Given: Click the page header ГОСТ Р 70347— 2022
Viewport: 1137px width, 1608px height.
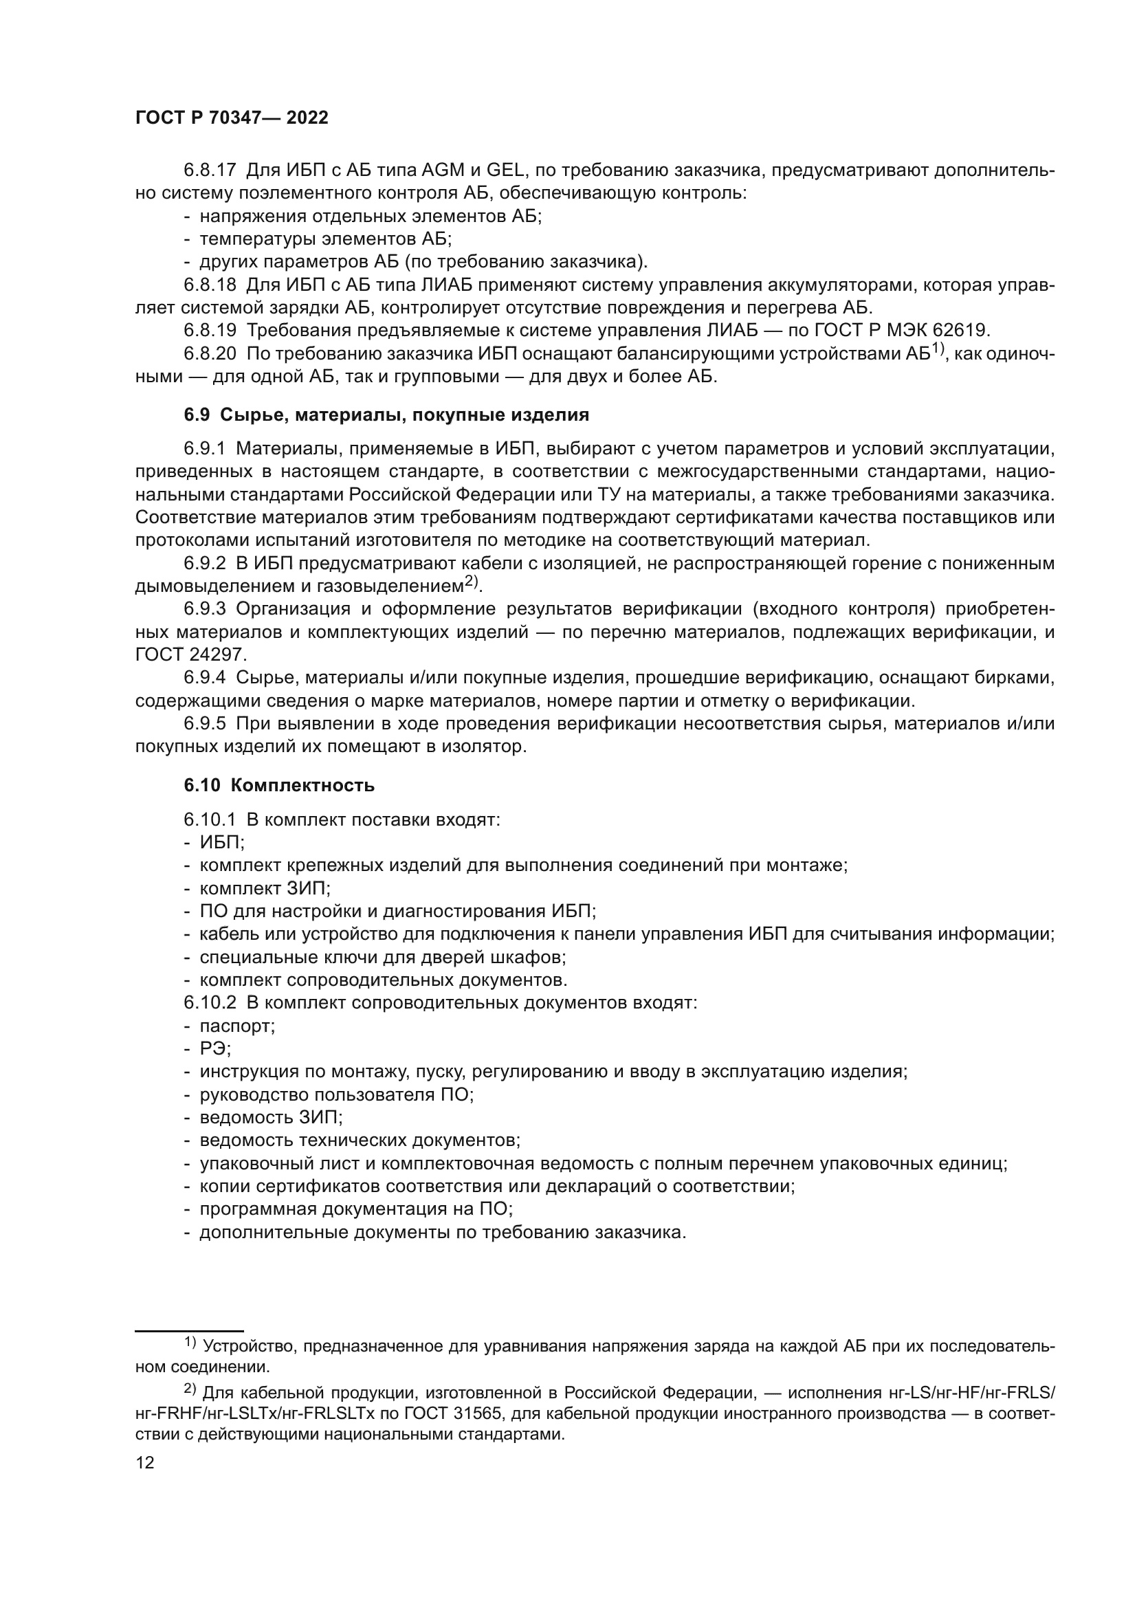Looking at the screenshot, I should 232,118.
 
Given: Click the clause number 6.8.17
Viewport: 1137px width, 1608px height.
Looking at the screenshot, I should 210,170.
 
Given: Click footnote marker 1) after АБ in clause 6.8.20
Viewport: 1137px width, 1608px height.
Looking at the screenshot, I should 938,350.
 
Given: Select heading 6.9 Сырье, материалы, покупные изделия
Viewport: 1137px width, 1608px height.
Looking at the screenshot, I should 386,415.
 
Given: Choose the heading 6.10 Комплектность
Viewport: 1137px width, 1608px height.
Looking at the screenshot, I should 279,785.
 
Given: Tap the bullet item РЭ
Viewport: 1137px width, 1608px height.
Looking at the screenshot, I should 215,1048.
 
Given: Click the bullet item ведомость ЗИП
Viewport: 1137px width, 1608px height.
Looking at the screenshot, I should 271,1117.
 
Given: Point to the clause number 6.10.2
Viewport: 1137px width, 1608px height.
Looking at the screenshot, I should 210,1003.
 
